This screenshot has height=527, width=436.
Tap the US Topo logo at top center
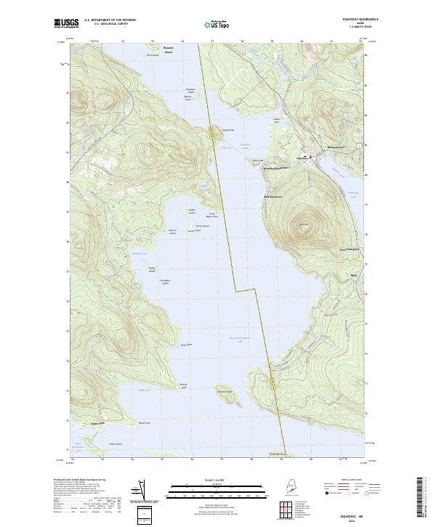click(217, 24)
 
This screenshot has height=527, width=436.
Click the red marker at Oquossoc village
click(311, 157)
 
